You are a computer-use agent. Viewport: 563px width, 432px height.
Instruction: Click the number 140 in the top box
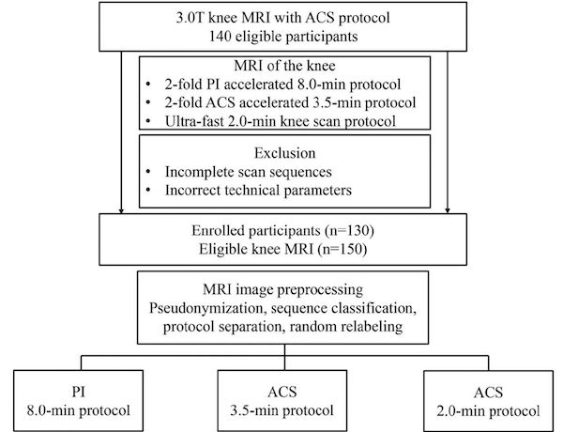tap(220, 37)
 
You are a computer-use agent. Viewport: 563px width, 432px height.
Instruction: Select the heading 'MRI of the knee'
tap(284, 66)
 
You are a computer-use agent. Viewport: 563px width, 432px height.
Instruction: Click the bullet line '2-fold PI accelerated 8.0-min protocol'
tap(283, 85)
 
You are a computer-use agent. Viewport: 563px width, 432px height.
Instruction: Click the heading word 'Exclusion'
tap(284, 153)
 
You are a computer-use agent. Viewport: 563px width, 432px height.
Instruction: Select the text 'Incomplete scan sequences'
tap(248, 172)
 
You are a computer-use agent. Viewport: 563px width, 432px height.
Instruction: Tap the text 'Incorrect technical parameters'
tap(258, 190)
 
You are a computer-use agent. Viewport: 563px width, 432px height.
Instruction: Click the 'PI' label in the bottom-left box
tap(79, 392)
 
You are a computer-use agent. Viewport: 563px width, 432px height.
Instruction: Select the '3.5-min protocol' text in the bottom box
tap(281, 410)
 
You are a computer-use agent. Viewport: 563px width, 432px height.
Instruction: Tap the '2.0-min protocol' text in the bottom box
tap(488, 410)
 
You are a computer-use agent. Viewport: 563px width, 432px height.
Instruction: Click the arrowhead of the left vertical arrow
tap(121, 210)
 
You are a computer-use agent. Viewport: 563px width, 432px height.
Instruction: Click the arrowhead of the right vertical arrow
tap(448, 210)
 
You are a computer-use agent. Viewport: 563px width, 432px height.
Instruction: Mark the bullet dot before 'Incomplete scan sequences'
tap(148, 172)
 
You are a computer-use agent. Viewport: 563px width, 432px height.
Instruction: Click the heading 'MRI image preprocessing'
tap(283, 289)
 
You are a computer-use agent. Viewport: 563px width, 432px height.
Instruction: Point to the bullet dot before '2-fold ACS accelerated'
tap(148, 102)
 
